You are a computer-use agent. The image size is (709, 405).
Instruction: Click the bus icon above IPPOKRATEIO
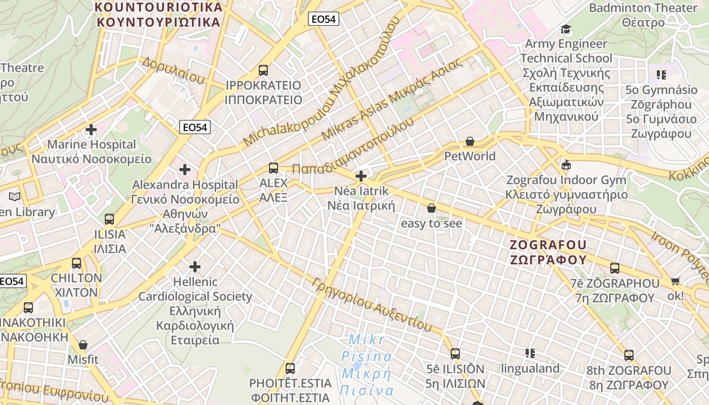click(x=263, y=70)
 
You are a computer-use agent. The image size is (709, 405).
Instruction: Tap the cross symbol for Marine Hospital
click(x=91, y=130)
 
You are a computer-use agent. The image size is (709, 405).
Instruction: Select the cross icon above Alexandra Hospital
click(x=185, y=170)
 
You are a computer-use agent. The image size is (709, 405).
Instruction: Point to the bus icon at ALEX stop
click(x=273, y=168)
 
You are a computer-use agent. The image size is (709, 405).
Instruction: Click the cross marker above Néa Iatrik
click(x=361, y=176)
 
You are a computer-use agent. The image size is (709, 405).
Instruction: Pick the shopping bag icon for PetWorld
click(x=470, y=141)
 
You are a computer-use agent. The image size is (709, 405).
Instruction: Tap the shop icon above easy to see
click(x=431, y=208)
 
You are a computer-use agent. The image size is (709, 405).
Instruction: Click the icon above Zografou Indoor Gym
click(x=566, y=165)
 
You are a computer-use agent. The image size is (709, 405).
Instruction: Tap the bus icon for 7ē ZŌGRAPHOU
click(x=615, y=268)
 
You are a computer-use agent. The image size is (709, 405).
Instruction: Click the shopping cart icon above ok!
click(x=675, y=281)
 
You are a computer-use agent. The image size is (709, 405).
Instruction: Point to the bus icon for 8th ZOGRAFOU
click(x=629, y=355)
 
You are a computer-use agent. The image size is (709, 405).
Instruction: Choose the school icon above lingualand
click(x=530, y=353)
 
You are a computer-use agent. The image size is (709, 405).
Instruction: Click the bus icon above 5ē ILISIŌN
click(x=455, y=353)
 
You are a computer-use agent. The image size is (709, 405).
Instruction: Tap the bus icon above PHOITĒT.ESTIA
click(x=290, y=368)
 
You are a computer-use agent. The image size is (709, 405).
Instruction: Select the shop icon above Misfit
click(x=83, y=345)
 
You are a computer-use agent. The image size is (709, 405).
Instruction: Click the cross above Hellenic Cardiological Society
click(x=195, y=266)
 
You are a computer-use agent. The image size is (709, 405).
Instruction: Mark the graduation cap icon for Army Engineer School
click(x=566, y=29)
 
